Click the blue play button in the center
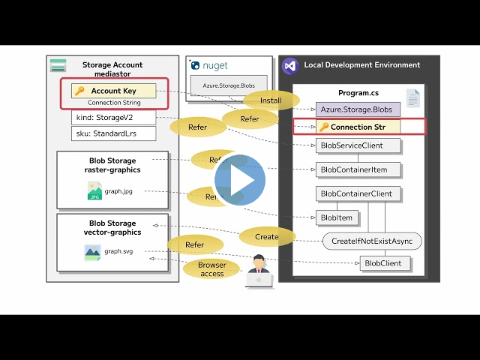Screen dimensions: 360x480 (240, 180)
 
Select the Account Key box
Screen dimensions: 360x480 (114, 91)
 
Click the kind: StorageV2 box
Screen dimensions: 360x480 (114, 118)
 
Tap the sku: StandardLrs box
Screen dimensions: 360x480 (114, 133)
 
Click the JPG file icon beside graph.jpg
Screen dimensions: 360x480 (94, 191)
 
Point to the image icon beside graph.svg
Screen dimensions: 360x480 (92, 252)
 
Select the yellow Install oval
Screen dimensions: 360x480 (271, 100)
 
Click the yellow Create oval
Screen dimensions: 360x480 (266, 237)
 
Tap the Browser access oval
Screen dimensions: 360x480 (211, 269)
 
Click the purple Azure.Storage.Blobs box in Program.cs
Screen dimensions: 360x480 (357, 109)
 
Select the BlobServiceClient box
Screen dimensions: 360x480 (356, 145)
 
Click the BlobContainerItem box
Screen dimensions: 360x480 (358, 169)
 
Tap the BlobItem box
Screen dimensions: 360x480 (337, 217)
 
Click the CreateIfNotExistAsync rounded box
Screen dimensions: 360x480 (372, 241)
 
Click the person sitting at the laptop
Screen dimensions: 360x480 (259, 271)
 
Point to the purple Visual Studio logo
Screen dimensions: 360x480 (289, 65)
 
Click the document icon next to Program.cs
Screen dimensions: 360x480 (412, 97)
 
